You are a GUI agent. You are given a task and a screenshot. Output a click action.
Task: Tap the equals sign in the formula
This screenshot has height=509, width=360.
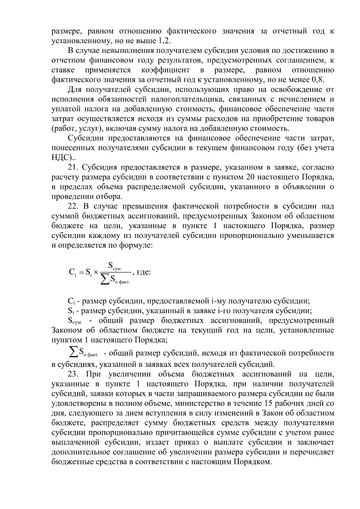80,273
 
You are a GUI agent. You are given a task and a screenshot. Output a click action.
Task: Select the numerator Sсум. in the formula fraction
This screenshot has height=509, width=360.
115,266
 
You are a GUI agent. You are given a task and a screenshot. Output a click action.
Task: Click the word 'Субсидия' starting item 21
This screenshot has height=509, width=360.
98,167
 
